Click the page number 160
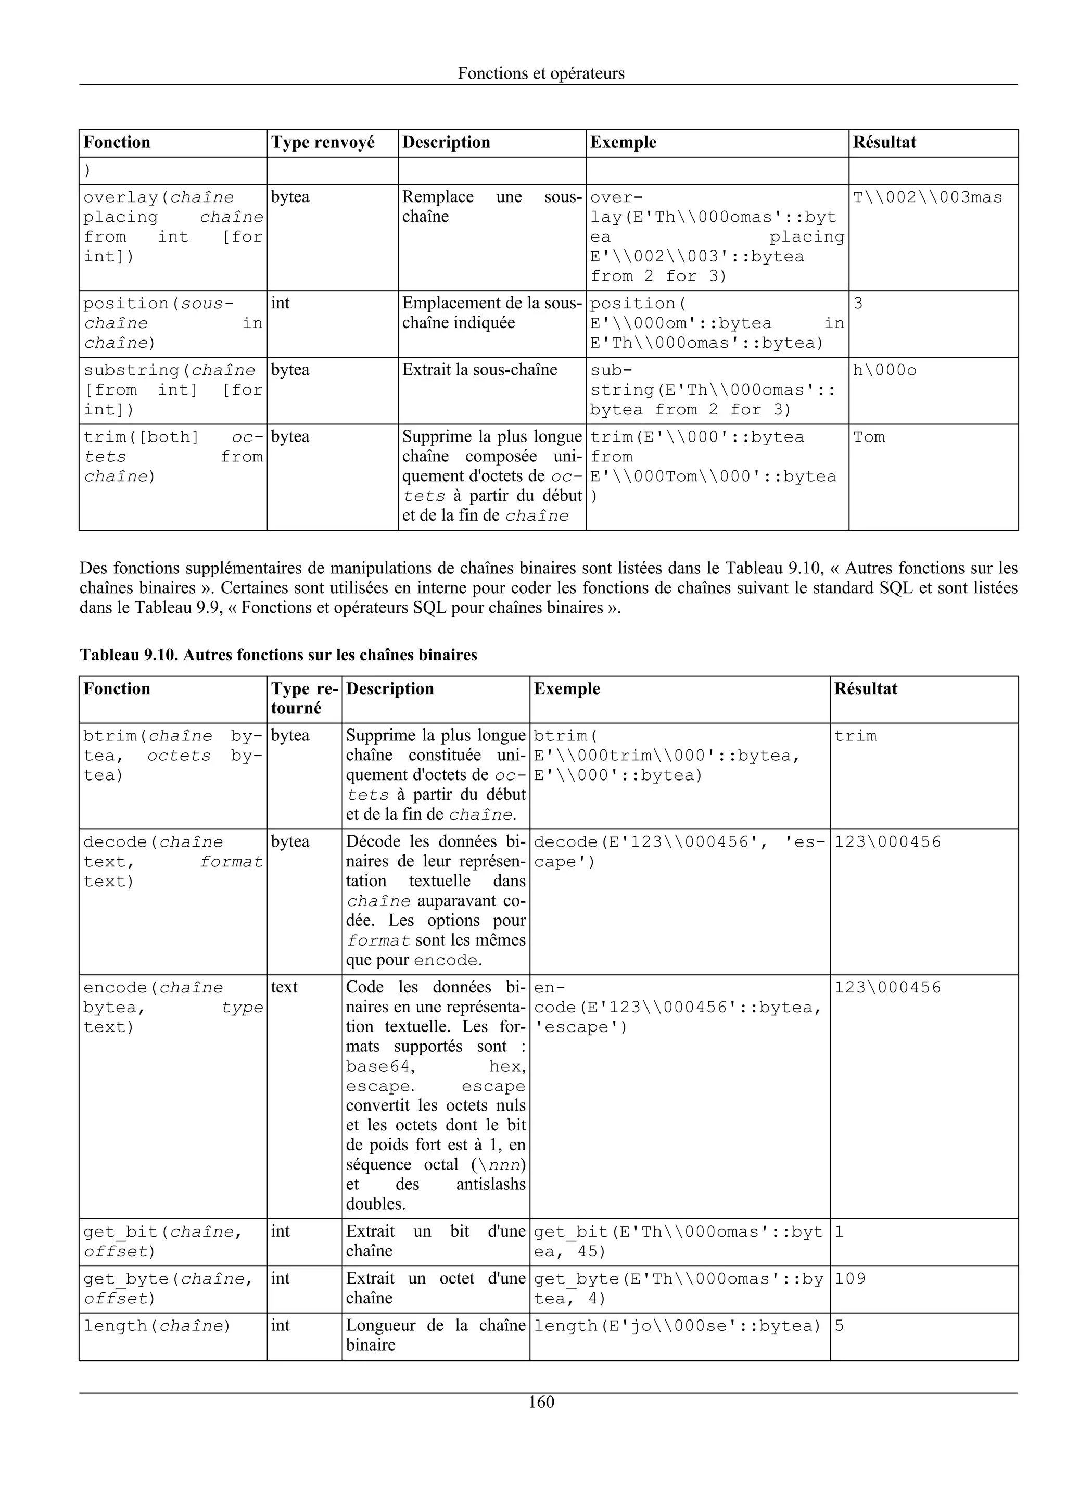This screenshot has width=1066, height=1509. point(541,1402)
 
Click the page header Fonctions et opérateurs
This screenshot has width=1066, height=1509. point(541,73)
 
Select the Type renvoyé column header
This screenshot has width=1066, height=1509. point(323,143)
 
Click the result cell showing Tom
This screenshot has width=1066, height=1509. point(868,437)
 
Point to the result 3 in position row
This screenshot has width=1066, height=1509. point(858,304)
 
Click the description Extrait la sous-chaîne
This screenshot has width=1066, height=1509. point(479,370)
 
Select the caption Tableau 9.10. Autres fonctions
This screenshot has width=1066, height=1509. point(278,655)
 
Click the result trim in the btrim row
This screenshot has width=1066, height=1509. point(855,736)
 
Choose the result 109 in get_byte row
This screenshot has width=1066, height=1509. point(850,1279)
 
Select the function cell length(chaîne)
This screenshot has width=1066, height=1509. point(157,1326)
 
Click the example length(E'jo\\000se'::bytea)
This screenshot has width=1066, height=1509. point(677,1326)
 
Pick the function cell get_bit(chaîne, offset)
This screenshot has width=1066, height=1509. point(162,1241)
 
